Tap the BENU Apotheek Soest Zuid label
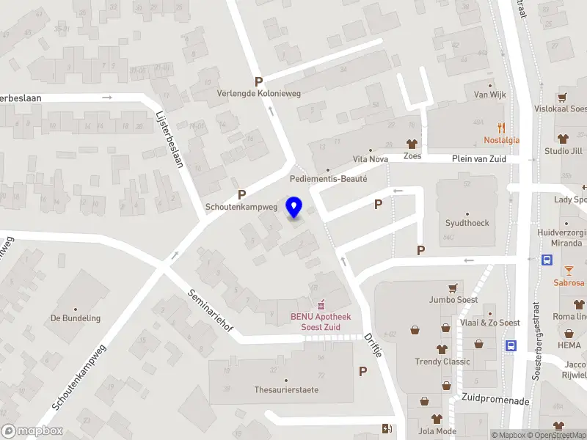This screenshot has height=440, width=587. pyautogui.click(x=320, y=321)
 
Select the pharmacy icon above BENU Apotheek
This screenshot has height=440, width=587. pyautogui.click(x=320, y=304)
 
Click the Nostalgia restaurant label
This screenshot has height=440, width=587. pyautogui.click(x=501, y=140)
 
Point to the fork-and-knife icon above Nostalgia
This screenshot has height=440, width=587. pyautogui.click(x=501, y=127)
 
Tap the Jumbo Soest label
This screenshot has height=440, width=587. pyautogui.click(x=453, y=299)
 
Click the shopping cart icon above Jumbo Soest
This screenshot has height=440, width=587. pyautogui.click(x=453, y=287)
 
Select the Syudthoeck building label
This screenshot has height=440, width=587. pyautogui.click(x=467, y=223)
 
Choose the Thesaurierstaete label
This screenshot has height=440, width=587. pyautogui.click(x=286, y=389)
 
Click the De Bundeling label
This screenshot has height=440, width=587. pyautogui.click(x=75, y=318)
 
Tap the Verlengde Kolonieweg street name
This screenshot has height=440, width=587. pyautogui.click(x=259, y=94)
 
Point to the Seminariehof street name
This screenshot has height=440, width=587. pyautogui.click(x=211, y=309)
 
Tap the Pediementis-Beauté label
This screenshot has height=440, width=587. pyautogui.click(x=328, y=178)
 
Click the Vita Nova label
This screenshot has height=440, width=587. pyautogui.click(x=370, y=159)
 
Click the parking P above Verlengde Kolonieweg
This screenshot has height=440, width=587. pyautogui.click(x=258, y=81)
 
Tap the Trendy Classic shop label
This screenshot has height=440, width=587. pyautogui.click(x=442, y=361)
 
